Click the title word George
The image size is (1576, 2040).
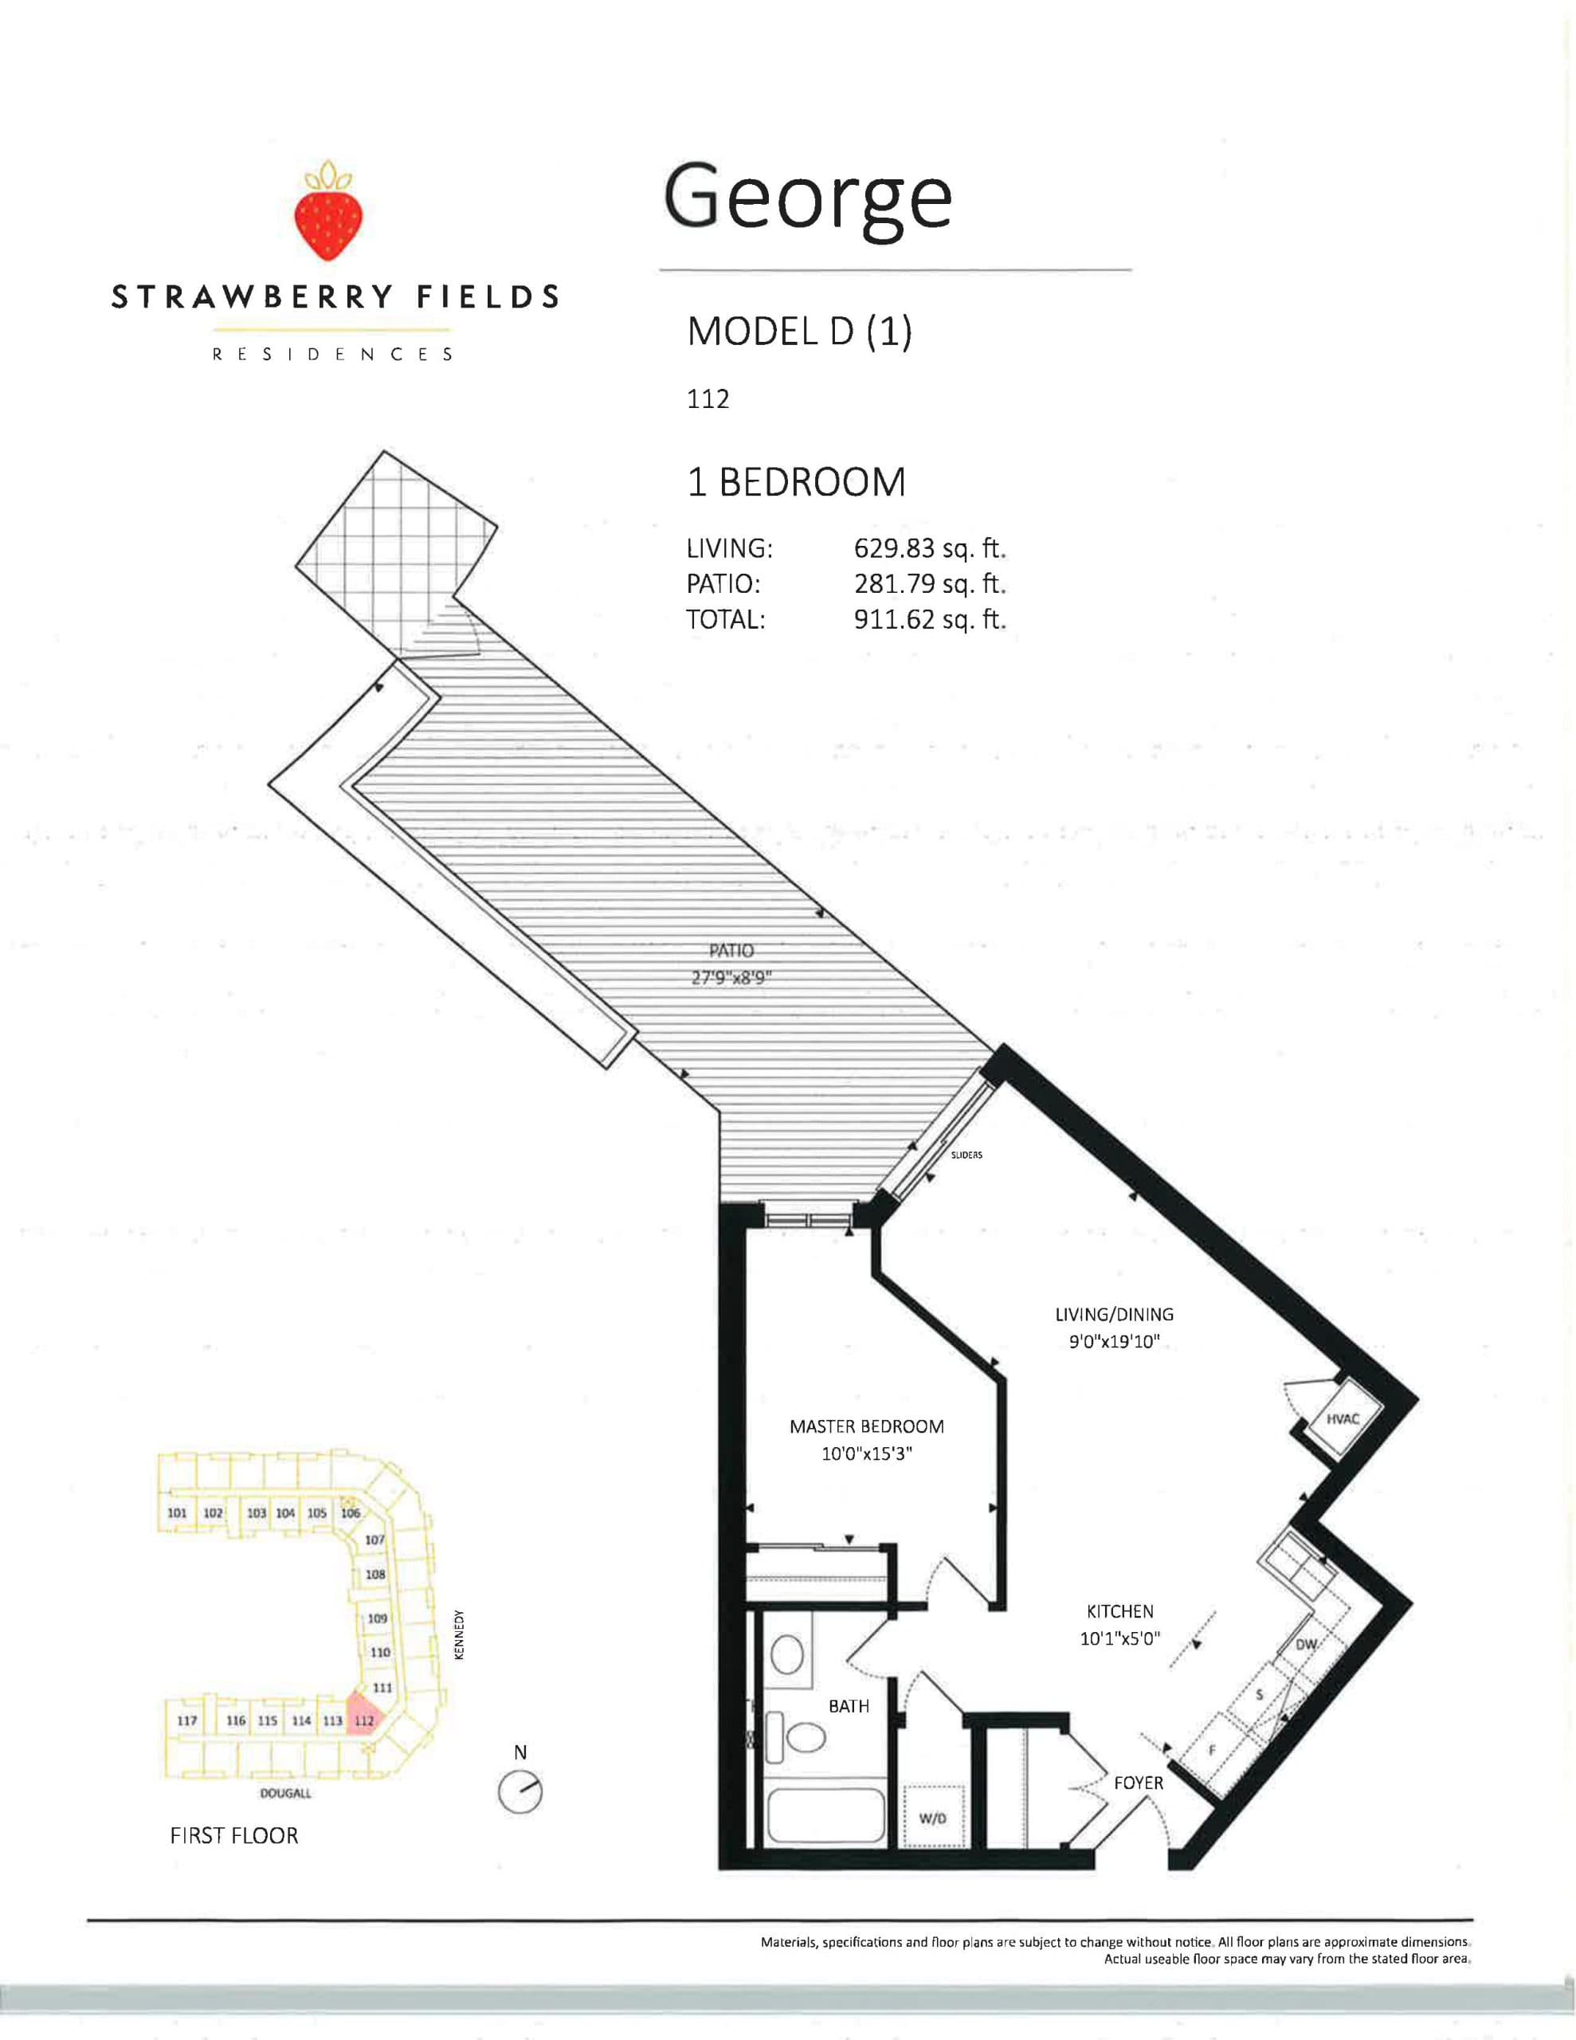pyautogui.click(x=807, y=197)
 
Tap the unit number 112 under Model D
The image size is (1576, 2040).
pyautogui.click(x=708, y=400)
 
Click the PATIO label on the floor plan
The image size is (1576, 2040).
pyautogui.click(x=731, y=951)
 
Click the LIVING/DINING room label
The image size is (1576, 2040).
pyautogui.click(x=1114, y=1314)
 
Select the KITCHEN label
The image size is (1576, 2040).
pyautogui.click(x=1119, y=1611)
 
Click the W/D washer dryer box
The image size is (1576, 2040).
pyautogui.click(x=931, y=1818)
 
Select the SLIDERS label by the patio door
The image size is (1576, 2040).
pyautogui.click(x=966, y=1155)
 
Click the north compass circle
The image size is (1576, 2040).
pyautogui.click(x=519, y=1792)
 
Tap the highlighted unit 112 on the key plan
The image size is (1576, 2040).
pyautogui.click(x=364, y=1720)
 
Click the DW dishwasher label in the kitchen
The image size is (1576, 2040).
pyautogui.click(x=1306, y=1671)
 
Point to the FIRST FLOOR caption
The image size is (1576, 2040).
pyautogui.click(x=233, y=1835)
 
